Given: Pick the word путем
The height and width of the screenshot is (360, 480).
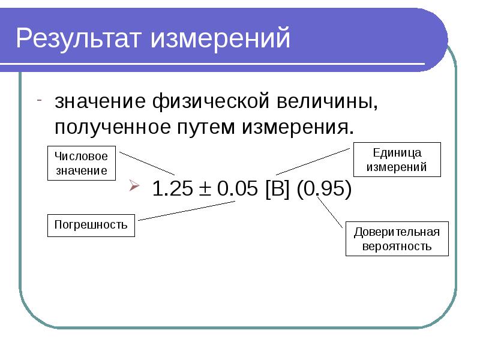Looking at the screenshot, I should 207,128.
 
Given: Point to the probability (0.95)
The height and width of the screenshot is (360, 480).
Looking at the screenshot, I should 324,189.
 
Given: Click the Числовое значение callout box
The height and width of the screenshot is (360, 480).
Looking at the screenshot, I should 81,163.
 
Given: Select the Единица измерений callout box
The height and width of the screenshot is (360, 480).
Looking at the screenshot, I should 397,160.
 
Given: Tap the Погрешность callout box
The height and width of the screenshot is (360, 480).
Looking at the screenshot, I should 91,225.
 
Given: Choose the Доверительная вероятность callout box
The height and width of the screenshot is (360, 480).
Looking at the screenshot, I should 397,239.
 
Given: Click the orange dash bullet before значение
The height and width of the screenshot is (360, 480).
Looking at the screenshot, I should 39,100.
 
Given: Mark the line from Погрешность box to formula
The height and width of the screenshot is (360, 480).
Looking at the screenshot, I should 186,212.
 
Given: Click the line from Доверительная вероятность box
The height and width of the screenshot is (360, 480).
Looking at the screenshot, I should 330,212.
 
